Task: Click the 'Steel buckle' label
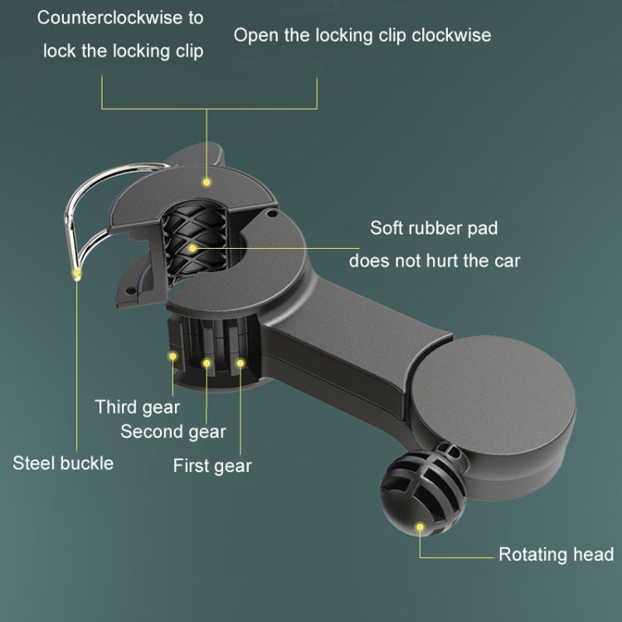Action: [63, 464]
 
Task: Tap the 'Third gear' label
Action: [137, 407]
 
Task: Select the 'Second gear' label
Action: [173, 432]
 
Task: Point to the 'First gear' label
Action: [212, 466]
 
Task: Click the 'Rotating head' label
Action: [556, 555]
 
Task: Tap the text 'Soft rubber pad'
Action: [434, 228]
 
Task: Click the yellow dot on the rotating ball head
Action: [420, 527]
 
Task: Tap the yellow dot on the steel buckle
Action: [76, 273]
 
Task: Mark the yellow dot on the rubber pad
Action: [192, 248]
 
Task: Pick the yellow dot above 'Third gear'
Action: [173, 357]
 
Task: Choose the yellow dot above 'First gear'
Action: [241, 363]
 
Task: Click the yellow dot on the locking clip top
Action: [207, 182]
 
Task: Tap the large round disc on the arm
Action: [494, 396]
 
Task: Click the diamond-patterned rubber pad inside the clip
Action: [194, 242]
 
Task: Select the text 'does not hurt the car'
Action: [435, 261]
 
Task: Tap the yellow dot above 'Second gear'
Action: [207, 363]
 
